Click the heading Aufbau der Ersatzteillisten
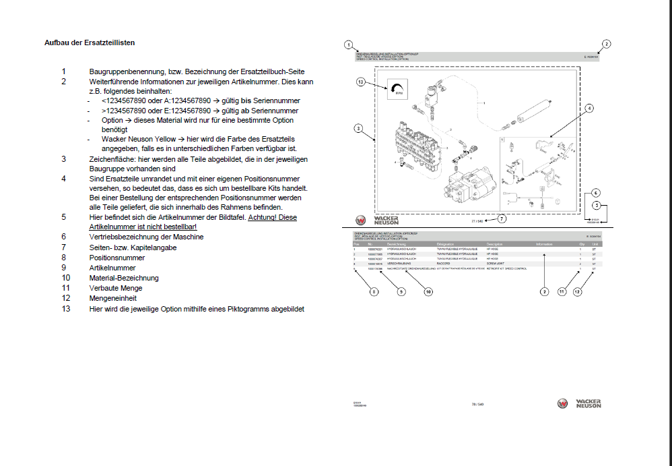90,42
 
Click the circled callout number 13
360,82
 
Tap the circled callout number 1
348,45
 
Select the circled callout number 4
589,108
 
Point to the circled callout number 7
502,219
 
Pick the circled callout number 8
374,292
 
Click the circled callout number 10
428,292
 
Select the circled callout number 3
358,128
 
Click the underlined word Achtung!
263,217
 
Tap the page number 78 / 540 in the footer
477,404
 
